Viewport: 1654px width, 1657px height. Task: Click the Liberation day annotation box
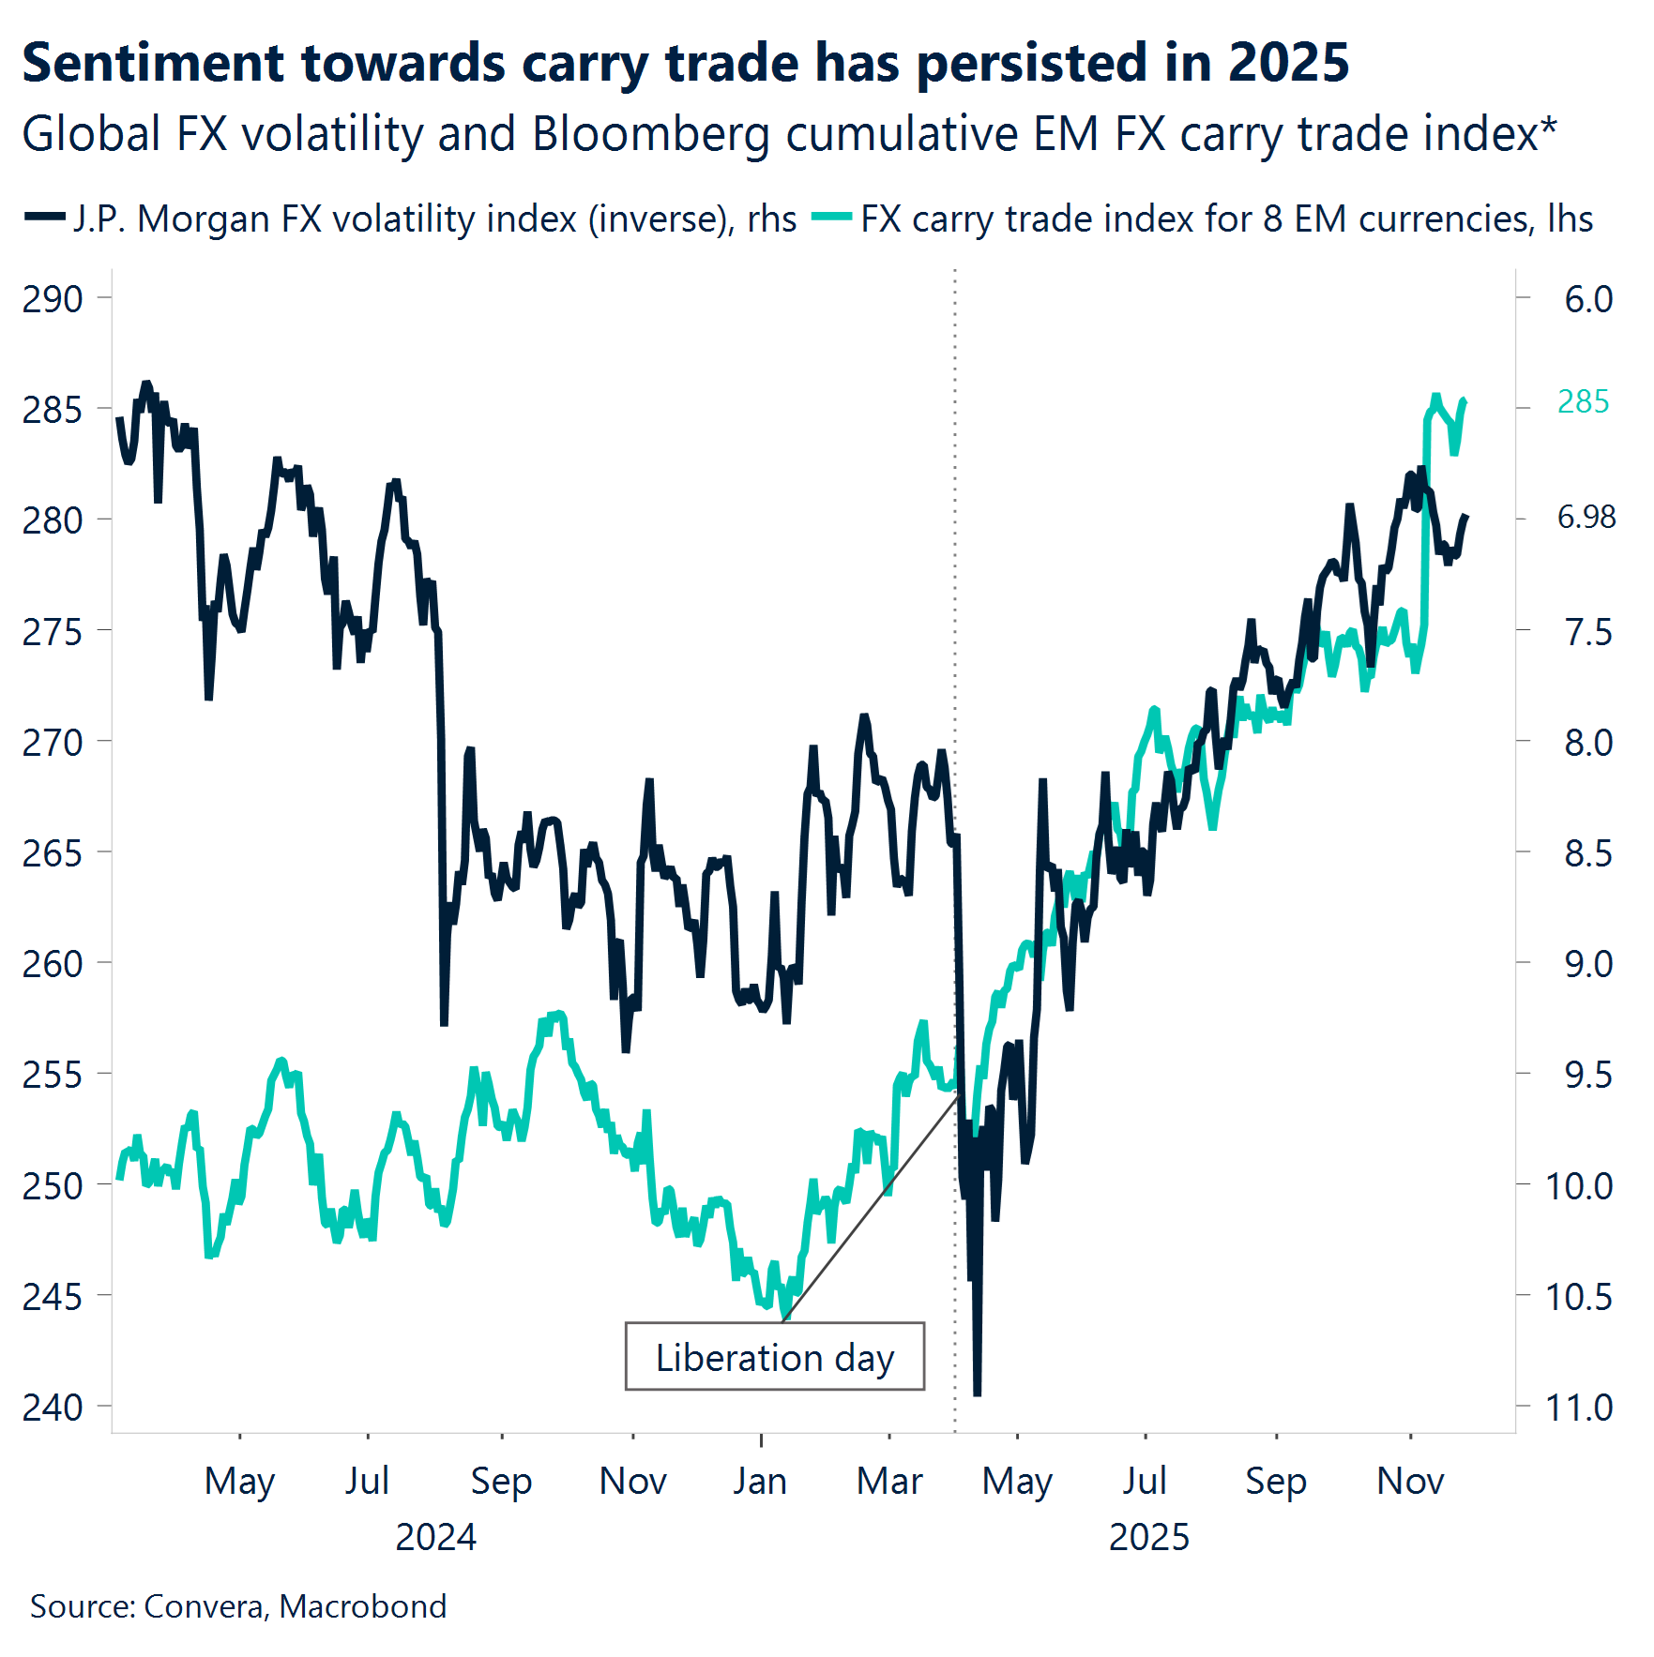tap(774, 1356)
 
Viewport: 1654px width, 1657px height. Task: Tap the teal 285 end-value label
tap(1583, 401)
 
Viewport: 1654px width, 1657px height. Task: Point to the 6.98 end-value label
tap(1586, 517)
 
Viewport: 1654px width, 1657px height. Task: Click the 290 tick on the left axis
tap(53, 299)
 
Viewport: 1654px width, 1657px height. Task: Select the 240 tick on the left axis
tap(53, 1407)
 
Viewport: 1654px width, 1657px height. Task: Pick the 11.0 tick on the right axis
tap(1578, 1407)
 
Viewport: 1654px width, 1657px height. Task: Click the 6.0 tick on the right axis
tap(1587, 299)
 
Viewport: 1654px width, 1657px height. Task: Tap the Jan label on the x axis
tap(760, 1481)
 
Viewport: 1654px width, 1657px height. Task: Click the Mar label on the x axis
tap(889, 1481)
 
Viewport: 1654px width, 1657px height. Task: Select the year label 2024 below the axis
tap(435, 1537)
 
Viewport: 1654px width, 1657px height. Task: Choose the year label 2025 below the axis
tap(1148, 1537)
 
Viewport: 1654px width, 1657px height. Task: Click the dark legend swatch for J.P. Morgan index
tap(44, 218)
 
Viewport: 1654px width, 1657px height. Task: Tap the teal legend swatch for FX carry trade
tap(831, 218)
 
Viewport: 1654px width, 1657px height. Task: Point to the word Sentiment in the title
tap(153, 64)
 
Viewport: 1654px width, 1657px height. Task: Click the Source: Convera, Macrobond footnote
tap(238, 1606)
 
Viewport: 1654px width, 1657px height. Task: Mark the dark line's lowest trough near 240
tap(977, 1393)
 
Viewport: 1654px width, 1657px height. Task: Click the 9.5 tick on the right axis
tap(1587, 1075)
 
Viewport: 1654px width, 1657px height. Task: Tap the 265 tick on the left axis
tap(53, 853)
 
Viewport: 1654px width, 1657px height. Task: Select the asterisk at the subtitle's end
tap(1548, 127)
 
